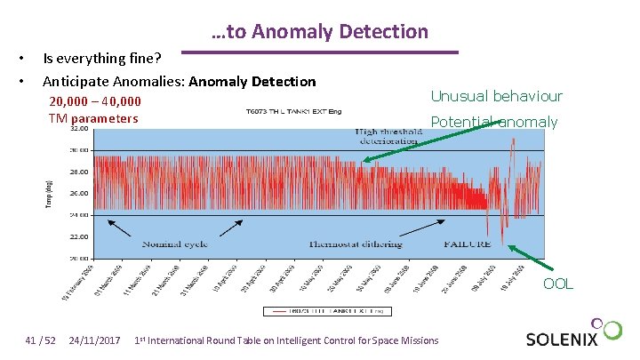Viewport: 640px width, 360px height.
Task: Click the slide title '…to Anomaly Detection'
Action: coord(320,32)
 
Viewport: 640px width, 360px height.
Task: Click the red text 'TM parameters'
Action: coord(93,118)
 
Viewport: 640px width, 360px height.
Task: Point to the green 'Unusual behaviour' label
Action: coord(496,96)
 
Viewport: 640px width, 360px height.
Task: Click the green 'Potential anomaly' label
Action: coord(493,122)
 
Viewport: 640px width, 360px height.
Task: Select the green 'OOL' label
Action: coord(558,284)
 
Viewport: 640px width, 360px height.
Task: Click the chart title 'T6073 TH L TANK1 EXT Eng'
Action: coord(293,112)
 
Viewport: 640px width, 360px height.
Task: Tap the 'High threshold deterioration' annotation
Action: coord(387,136)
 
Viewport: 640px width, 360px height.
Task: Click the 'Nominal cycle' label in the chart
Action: coord(174,243)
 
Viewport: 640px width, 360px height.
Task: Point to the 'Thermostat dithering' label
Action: coord(356,243)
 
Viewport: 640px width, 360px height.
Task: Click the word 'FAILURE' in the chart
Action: coord(467,243)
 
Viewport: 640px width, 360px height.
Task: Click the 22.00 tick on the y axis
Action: coord(80,236)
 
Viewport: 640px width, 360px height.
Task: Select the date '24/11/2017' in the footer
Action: coord(94,340)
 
